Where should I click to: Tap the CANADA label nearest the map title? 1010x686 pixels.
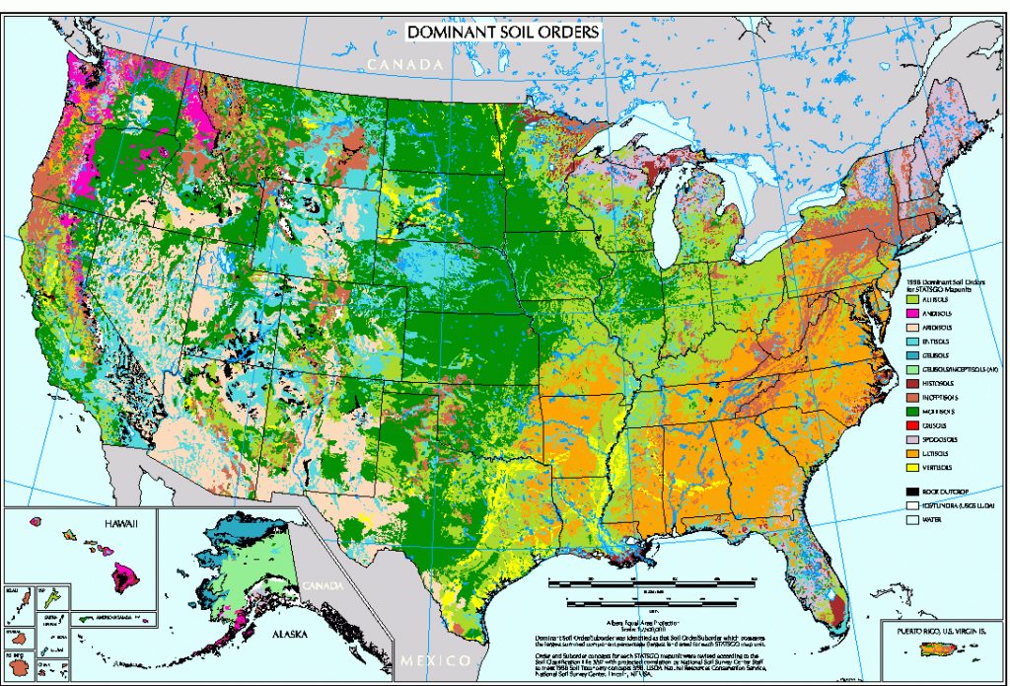click(403, 64)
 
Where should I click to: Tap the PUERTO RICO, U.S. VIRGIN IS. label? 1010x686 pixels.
click(942, 630)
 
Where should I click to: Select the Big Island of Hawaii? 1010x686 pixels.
click(126, 573)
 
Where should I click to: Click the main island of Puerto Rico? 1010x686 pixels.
click(933, 649)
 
